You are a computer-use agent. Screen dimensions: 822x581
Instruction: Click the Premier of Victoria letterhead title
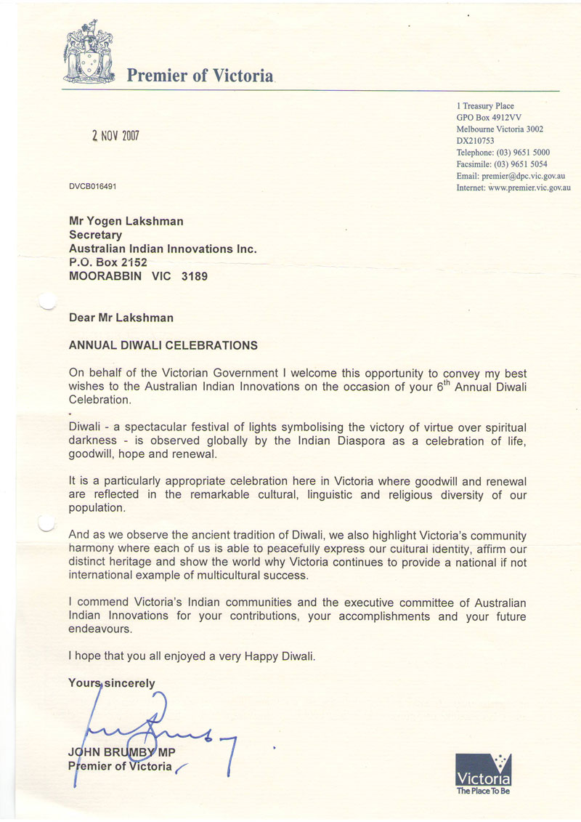click(200, 75)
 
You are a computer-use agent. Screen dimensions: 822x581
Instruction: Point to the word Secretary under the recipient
click(95, 235)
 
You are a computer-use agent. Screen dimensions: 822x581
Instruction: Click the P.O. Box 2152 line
click(107, 262)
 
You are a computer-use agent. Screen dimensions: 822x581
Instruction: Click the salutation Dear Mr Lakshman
click(121, 317)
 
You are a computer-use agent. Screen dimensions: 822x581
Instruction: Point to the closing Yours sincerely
click(111, 682)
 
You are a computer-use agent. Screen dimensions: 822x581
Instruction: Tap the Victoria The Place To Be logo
click(483, 773)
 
